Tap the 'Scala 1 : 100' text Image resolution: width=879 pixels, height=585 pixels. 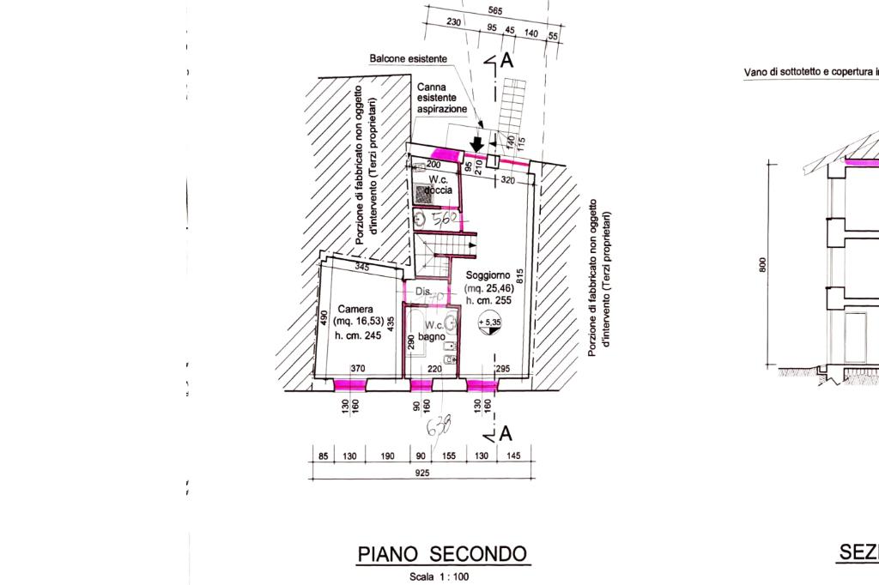439,576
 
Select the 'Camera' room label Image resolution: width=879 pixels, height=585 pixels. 355,309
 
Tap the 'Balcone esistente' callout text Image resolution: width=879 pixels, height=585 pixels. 408,59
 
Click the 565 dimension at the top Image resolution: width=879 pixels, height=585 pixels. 494,11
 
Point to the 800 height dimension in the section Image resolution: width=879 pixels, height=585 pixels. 762,266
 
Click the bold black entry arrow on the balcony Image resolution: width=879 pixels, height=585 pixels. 477,145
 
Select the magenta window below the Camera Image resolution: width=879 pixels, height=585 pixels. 350,383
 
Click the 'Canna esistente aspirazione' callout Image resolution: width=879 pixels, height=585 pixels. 442,99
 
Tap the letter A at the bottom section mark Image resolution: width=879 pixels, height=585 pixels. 506,433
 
